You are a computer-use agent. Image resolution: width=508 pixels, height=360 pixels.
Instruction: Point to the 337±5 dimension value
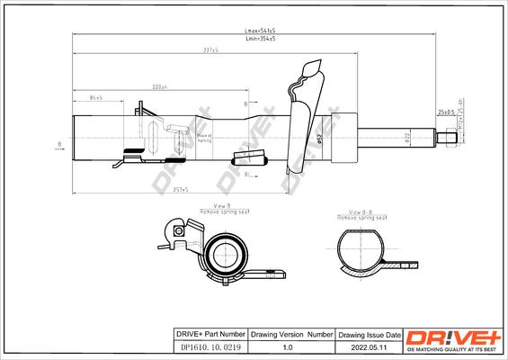(x=211, y=51)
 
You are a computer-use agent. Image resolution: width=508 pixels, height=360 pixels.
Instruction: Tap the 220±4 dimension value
(x=160, y=85)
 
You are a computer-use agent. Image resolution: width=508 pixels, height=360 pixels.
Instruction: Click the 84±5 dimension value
(x=95, y=96)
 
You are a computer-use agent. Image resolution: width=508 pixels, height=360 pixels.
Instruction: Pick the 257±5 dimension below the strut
(x=180, y=191)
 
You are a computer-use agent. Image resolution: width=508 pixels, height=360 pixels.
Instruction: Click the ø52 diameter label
(x=320, y=138)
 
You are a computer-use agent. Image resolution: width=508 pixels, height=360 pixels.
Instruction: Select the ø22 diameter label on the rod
(x=406, y=137)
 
